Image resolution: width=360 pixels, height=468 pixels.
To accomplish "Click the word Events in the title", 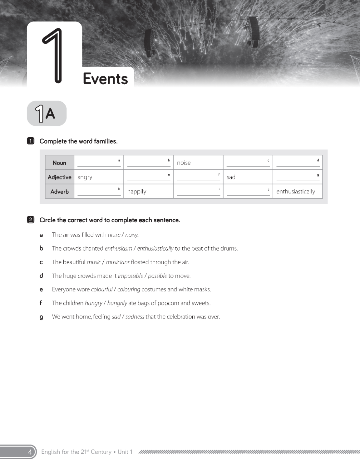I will [x=105, y=79].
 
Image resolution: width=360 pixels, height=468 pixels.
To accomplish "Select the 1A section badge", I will [x=47, y=114].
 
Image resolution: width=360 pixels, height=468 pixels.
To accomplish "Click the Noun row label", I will [x=59, y=163].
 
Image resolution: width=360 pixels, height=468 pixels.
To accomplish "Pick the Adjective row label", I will [x=59, y=177].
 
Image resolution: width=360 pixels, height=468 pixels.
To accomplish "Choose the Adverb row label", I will [x=59, y=192].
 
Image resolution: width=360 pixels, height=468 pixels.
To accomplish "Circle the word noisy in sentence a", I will [x=132, y=235].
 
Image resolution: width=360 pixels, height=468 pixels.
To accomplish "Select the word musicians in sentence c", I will [x=118, y=262].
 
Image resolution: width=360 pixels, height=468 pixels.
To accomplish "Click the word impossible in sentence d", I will [x=131, y=276].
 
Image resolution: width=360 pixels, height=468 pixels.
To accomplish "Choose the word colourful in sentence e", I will [x=102, y=290].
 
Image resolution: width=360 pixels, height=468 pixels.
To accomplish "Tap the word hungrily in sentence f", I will [x=117, y=303].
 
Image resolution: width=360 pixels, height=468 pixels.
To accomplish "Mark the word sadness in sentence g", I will [x=135, y=317].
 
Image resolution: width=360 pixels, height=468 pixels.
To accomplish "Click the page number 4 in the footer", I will [x=30, y=452].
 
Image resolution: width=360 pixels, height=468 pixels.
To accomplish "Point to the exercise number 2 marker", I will [x=31, y=220].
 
